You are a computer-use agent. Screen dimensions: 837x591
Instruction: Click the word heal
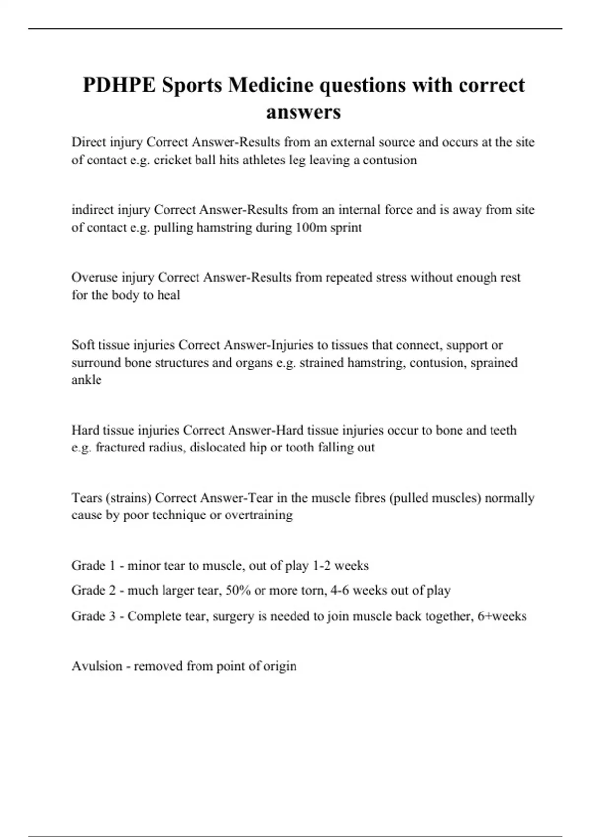click(168, 295)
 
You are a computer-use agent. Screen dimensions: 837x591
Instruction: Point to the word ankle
click(86, 380)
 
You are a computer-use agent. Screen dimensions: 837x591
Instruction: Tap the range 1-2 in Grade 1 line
click(322, 565)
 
